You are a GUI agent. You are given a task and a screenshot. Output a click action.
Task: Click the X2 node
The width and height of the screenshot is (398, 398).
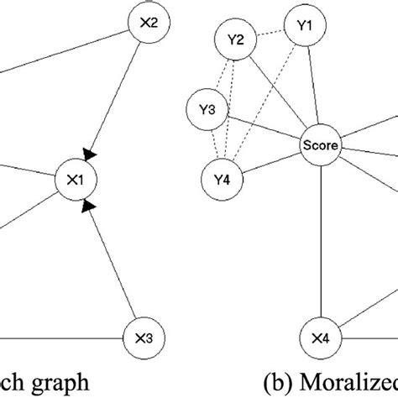pyautogui.click(x=149, y=24)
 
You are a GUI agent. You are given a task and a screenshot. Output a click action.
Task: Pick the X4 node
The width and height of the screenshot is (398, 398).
pyautogui.click(x=320, y=340)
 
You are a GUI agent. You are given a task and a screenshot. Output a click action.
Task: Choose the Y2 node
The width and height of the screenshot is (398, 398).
pyautogui.click(x=235, y=39)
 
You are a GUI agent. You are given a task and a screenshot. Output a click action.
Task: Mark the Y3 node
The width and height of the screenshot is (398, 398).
pyautogui.click(x=207, y=110)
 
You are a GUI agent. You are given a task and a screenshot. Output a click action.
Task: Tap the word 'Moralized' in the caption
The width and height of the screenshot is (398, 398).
pyautogui.click(x=356, y=382)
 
